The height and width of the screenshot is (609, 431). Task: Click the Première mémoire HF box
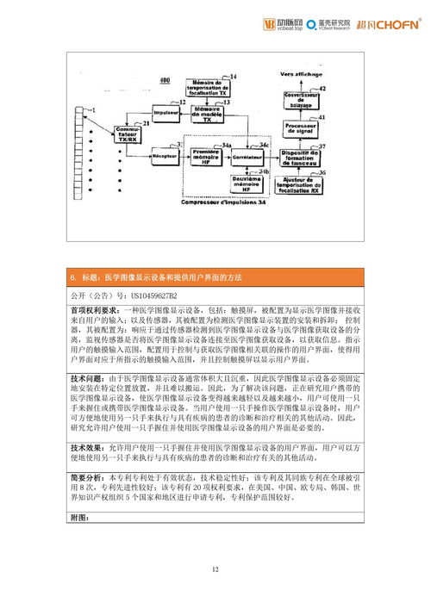[x=206, y=157]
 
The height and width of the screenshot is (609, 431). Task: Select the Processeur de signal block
[x=301, y=127]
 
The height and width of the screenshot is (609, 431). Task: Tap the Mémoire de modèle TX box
[x=207, y=115]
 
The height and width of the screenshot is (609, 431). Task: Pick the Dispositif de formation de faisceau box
[x=301, y=158]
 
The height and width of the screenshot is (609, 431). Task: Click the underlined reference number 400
[x=166, y=81]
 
